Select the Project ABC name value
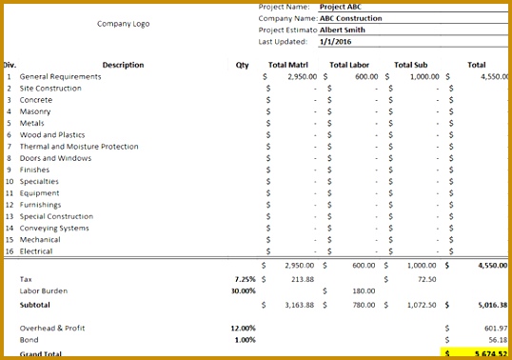pos(340,7)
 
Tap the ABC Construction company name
pos(351,18)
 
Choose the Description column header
pos(123,65)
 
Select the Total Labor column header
pos(349,65)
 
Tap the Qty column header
pos(242,65)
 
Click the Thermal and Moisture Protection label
pos(79,147)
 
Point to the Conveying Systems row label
pos(56,229)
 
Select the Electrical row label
pos(36,251)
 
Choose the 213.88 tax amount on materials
pos(302,279)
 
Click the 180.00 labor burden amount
pos(364,290)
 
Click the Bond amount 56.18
pos(499,339)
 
